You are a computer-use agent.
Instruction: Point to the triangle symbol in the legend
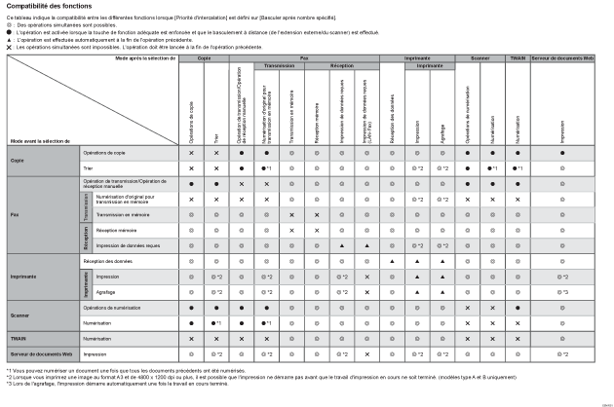pyautogui.click(x=10, y=38)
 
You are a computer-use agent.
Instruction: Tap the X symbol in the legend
pyautogui.click(x=10, y=45)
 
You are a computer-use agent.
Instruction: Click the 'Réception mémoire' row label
pyautogui.click(x=115, y=230)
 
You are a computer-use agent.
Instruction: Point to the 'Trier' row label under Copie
pyautogui.click(x=87, y=168)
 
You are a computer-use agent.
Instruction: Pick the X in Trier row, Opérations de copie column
pyautogui.click(x=191, y=168)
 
